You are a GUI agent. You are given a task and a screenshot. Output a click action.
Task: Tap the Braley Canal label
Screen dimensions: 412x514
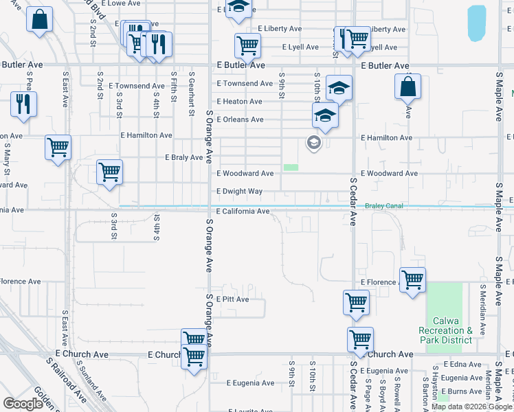coord(383,205)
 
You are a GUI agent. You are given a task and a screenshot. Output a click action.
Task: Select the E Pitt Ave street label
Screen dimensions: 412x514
coord(232,299)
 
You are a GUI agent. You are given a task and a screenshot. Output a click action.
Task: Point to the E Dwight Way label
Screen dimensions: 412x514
coord(240,192)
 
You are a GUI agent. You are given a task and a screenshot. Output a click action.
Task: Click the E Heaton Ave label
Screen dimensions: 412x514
coord(239,102)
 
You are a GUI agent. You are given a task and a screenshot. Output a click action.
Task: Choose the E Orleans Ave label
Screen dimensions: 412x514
coord(240,119)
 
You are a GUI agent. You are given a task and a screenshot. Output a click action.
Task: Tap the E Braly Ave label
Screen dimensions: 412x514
coord(183,157)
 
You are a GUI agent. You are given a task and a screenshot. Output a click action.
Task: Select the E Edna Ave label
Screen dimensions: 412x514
coord(462,364)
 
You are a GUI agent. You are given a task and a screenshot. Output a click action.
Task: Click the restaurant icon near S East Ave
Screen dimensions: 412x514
coord(23,104)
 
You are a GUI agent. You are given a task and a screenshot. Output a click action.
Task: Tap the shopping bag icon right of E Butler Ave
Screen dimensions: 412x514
coord(407,87)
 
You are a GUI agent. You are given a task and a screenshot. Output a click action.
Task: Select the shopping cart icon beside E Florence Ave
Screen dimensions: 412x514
coord(412,279)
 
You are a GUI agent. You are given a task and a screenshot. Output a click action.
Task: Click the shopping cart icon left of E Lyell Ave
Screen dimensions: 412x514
coord(247,46)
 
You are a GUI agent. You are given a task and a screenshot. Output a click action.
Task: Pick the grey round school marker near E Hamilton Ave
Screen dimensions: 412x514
coord(314,143)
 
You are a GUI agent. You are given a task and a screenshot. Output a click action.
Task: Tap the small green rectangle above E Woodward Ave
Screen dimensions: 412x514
coord(291,167)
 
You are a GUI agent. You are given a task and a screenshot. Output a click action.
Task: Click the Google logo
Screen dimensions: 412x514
coord(23,404)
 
